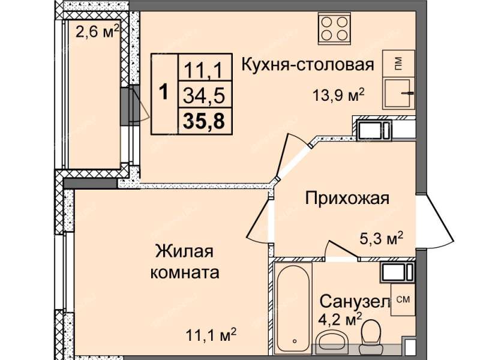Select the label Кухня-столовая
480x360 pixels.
308,65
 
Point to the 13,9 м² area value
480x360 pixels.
338,95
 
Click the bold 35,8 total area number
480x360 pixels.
204,121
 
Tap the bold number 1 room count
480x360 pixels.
164,92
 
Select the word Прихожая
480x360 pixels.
347,198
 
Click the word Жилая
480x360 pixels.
184,251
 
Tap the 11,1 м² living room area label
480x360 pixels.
212,335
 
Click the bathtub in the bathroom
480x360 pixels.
293,309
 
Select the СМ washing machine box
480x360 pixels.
403,299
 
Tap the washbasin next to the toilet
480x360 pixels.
331,343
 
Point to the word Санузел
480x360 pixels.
355,302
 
